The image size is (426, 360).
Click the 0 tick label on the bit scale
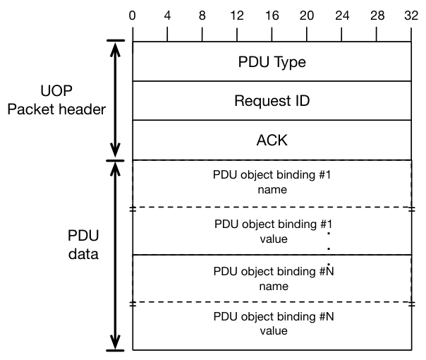tap(133, 16)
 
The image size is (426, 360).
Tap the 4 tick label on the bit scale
tap(167, 16)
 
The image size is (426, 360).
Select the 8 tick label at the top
tap(202, 16)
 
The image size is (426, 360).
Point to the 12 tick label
tap(237, 16)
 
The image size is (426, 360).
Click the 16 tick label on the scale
tap(272, 16)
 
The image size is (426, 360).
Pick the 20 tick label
tap(307, 16)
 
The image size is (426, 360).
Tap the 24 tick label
tap(342, 16)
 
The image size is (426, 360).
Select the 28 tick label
tap(377, 16)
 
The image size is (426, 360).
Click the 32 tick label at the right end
tap(411, 16)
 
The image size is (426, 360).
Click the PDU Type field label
tap(272, 62)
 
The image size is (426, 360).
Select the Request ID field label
tap(272, 101)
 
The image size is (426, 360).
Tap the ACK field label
tap(272, 140)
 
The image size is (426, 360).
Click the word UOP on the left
tap(56, 91)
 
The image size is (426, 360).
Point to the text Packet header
tap(56, 109)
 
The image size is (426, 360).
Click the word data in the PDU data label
tap(83, 254)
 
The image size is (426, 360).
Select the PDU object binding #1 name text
tap(272, 182)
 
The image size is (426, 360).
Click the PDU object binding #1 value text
tap(274, 232)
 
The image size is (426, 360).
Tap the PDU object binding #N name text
tap(274, 279)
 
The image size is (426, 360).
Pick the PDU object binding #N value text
tap(274, 323)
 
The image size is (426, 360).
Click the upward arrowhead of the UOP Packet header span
tap(115, 49)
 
